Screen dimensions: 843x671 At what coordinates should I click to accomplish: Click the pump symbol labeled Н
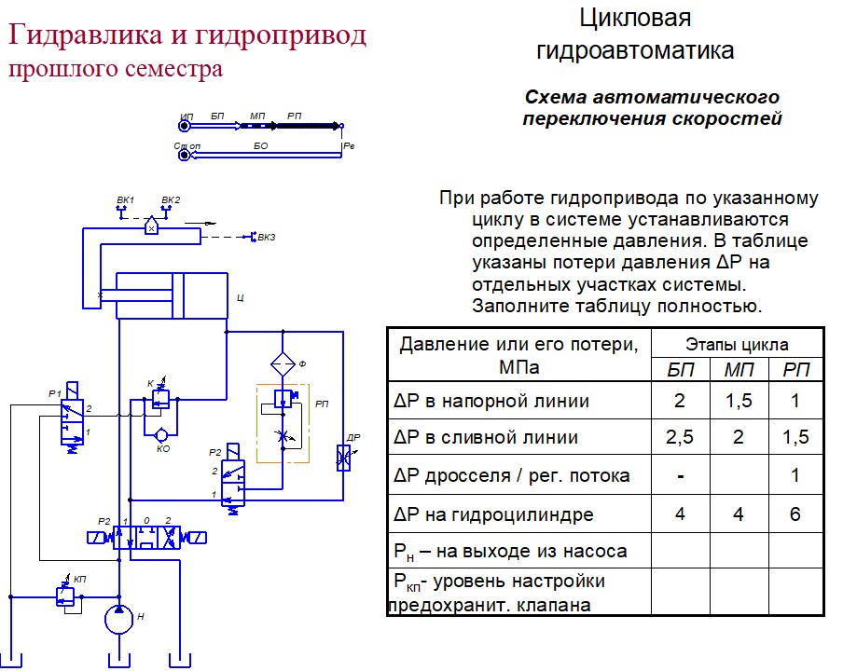[118, 620]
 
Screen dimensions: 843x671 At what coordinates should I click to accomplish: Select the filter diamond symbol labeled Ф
[283, 364]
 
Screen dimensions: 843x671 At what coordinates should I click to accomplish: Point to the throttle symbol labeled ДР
[343, 458]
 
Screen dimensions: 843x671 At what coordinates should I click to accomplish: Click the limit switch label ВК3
[267, 237]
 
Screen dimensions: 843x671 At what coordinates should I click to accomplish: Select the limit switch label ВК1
[125, 199]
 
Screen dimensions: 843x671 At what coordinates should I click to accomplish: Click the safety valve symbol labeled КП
[65, 596]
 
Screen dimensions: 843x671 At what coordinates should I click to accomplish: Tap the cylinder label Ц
[241, 297]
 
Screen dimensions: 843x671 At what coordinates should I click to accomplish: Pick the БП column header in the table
[681, 370]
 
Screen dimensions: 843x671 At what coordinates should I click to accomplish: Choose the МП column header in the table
[739, 370]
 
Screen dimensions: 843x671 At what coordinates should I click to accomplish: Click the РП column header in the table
[796, 370]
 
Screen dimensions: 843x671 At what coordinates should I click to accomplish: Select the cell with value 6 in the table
[795, 514]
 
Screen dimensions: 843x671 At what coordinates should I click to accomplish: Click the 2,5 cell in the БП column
[680, 437]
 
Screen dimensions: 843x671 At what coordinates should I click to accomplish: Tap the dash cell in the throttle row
[681, 476]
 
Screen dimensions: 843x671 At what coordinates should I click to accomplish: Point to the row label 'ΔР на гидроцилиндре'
[493, 514]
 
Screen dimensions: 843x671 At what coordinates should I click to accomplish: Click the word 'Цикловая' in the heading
[635, 19]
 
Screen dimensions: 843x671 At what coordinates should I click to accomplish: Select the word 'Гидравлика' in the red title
[85, 34]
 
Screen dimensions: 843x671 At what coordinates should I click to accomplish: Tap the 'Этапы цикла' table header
[737, 345]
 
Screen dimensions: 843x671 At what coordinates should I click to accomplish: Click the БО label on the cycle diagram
[261, 145]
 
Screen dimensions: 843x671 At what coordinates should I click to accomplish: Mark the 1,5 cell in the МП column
[739, 400]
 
